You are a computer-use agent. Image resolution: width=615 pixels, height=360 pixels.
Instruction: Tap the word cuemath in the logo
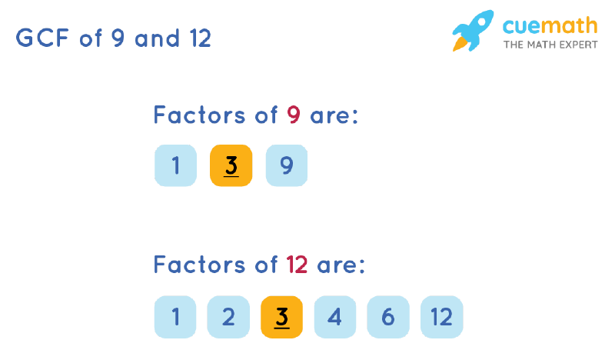point(550,25)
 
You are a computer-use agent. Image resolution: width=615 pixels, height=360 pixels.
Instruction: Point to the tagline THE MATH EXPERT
point(550,45)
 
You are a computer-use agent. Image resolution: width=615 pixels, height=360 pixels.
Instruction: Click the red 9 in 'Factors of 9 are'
point(293,115)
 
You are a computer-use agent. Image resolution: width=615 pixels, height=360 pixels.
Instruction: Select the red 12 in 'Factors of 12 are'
point(298,265)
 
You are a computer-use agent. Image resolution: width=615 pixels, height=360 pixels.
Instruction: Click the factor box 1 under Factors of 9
point(175,165)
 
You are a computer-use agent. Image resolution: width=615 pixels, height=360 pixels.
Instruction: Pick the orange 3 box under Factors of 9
point(231,165)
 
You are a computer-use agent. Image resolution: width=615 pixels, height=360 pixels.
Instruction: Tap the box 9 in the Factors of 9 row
point(286,165)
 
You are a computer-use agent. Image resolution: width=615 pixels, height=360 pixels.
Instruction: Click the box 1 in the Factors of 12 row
point(175,316)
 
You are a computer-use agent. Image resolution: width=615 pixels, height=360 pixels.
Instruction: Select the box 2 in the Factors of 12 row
point(228,316)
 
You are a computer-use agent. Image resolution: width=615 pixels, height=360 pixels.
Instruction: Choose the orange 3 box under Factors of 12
point(281,316)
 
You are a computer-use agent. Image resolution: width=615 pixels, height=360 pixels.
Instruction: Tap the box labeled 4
point(334,316)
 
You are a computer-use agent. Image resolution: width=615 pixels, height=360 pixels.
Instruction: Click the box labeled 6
point(388,316)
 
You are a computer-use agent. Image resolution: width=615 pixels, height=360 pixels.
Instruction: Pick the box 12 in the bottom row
point(442,316)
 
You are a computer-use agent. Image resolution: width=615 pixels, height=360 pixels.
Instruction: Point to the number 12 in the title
point(198,38)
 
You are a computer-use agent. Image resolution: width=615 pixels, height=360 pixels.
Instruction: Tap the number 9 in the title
point(117,38)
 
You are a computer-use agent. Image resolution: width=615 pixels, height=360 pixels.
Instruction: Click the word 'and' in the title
point(157,38)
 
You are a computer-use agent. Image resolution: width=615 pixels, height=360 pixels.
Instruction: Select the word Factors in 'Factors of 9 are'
point(199,115)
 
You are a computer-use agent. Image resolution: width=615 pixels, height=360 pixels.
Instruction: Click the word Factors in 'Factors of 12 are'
point(199,265)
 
